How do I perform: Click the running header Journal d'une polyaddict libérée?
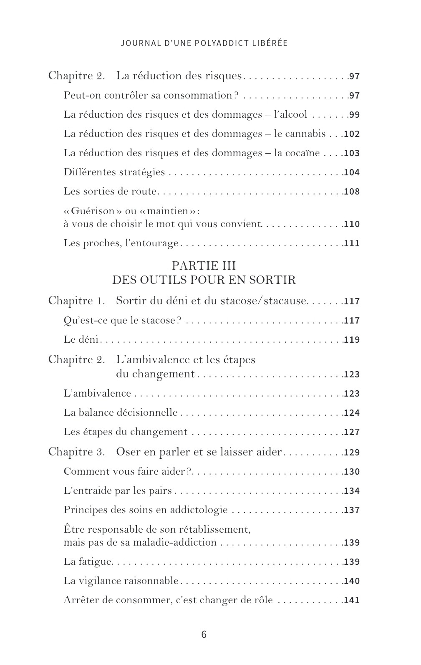coord(204,43)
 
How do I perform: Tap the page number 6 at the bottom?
coord(204,635)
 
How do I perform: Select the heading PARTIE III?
coord(204,266)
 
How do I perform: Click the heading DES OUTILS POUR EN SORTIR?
coord(204,280)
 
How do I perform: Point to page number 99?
coord(354,115)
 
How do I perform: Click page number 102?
coord(352,134)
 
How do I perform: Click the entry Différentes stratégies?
coord(114,172)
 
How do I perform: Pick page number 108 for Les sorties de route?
coord(352,192)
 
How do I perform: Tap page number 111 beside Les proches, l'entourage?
coord(352,243)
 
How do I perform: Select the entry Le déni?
coord(81,339)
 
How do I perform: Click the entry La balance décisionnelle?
coord(121,412)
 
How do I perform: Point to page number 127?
coord(352,432)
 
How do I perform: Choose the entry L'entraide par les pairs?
coord(118,491)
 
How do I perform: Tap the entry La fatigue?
coord(88,561)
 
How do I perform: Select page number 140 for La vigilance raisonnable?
coord(352,581)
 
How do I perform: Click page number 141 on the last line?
coord(352,601)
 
